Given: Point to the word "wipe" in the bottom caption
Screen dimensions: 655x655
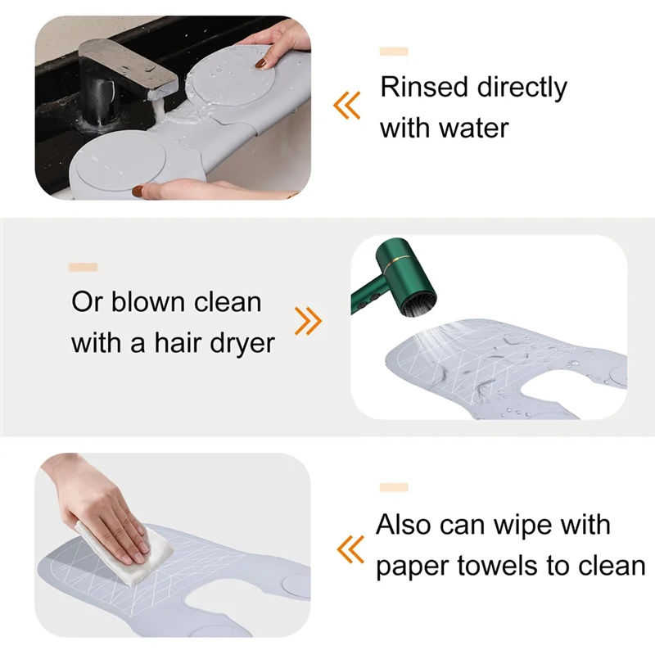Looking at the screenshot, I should [x=574, y=524].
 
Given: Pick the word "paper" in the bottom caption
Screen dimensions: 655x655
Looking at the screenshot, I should [x=412, y=567].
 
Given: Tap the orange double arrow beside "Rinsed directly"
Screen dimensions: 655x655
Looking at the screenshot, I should [x=347, y=104].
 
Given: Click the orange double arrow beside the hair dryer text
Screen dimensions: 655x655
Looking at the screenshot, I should [x=308, y=322].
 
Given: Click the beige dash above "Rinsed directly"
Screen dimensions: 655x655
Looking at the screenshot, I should [x=393, y=52].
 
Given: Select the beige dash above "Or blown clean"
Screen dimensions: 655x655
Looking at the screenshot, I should [x=84, y=267].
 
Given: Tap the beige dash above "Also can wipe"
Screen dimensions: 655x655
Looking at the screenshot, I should [x=393, y=488].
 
